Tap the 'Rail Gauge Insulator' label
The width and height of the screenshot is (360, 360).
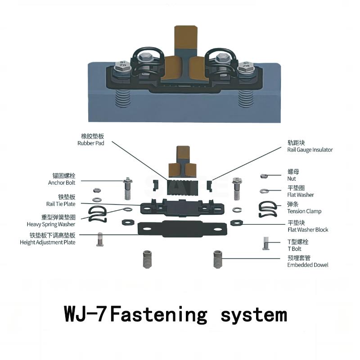(x=310, y=150)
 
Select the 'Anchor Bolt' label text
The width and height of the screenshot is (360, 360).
(x=62, y=182)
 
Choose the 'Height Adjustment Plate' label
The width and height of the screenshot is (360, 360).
(x=48, y=242)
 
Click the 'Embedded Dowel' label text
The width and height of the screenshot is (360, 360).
(x=307, y=265)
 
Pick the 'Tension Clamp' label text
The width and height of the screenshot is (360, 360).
(x=304, y=211)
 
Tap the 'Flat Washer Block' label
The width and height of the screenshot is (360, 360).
(x=307, y=230)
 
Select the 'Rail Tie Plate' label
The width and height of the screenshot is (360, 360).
(x=62, y=203)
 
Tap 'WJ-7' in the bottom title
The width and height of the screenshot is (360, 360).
(x=85, y=314)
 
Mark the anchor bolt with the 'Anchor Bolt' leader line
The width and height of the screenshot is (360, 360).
(x=128, y=189)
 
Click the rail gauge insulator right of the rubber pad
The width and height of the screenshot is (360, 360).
(x=209, y=185)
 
